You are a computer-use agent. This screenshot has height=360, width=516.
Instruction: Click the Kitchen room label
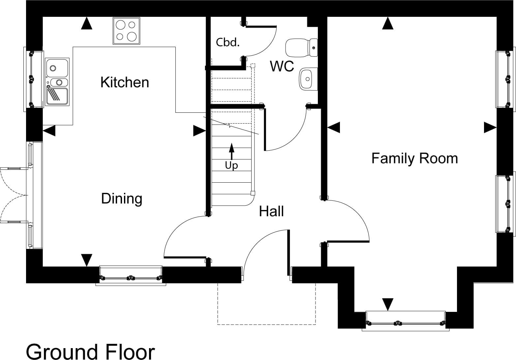coord(125,82)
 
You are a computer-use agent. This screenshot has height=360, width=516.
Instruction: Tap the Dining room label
coord(122,198)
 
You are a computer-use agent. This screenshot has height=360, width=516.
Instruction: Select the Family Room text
coord(415,159)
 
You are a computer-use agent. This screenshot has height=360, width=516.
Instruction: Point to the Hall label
coord(271,211)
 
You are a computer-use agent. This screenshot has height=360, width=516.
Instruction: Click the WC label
coord(282,66)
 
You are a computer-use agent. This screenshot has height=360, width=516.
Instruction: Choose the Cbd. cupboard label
coord(228,43)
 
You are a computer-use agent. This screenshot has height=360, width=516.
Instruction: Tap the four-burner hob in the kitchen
coord(127,31)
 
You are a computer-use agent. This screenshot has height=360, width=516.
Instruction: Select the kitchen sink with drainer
coord(57,82)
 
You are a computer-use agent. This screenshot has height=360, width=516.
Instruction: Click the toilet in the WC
coord(302,48)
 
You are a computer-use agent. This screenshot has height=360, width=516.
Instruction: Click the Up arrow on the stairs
coord(231,151)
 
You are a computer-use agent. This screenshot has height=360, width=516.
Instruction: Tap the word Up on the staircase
coord(231,165)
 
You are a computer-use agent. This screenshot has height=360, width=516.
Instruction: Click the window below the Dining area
coord(131,276)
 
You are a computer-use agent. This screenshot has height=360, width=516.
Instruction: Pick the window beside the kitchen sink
coord(34,79)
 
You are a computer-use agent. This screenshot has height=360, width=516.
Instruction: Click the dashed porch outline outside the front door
coord(266,324)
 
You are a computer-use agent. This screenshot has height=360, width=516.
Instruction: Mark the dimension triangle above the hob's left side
coord(87,23)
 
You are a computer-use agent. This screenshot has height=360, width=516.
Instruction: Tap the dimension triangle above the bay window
coord(388,305)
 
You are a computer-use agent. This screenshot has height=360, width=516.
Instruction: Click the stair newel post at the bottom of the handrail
coord(253,193)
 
